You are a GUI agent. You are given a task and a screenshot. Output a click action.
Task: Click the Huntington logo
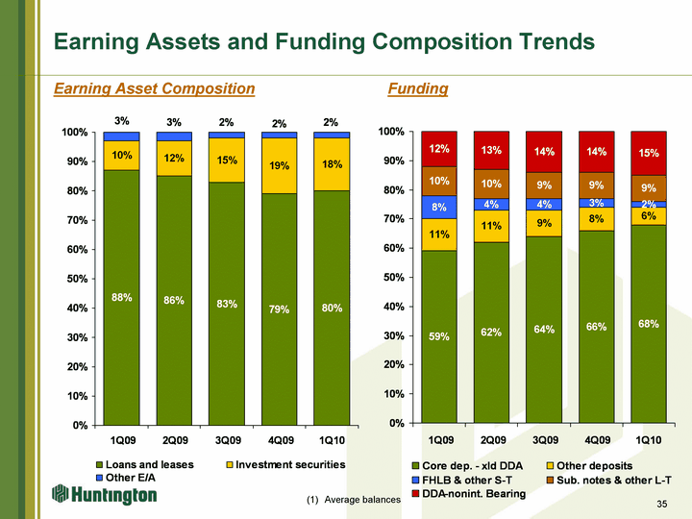coord(104,495)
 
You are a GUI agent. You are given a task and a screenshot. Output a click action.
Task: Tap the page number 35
coord(661,505)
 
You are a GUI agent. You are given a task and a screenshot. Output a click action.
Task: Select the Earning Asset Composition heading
coord(154,88)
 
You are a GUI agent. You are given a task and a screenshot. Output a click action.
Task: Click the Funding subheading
coord(417,88)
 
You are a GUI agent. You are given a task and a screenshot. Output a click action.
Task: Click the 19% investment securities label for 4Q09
coord(280,166)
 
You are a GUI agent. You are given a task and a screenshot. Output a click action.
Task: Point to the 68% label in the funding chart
coord(648,324)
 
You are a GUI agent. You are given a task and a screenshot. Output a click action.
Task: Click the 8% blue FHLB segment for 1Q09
coord(439,207)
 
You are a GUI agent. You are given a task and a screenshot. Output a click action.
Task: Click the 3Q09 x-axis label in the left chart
coord(227,441)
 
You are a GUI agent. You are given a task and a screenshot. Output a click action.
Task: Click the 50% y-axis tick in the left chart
coord(73,279)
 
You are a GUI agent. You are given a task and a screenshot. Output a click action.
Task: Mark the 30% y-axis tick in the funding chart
coord(392,335)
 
